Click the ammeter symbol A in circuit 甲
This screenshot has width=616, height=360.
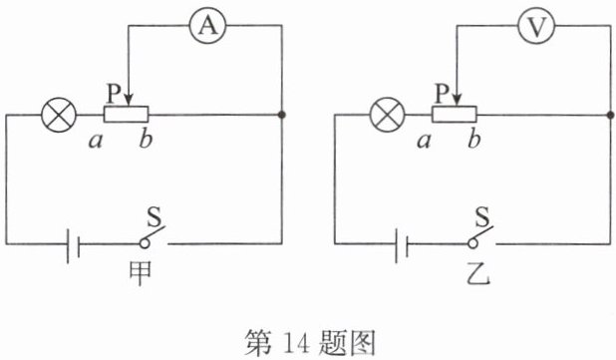[207, 26]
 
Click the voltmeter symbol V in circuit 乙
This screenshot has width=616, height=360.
[536, 26]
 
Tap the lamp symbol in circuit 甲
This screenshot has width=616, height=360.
[59, 115]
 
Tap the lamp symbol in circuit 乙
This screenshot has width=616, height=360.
[388, 115]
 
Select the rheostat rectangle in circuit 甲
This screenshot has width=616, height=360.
[127, 115]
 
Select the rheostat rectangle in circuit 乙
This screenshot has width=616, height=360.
[455, 115]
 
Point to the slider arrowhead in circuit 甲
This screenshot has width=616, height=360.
[129, 100]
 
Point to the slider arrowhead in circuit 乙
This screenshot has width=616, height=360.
[457, 100]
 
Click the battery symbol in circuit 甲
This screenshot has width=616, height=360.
[74, 245]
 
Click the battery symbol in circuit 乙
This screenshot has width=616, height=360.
[402, 245]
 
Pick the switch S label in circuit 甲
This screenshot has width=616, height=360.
[154, 216]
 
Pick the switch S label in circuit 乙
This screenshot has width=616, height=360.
[482, 216]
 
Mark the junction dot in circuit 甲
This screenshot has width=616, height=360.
[282, 115]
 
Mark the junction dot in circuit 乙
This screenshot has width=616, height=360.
[610, 115]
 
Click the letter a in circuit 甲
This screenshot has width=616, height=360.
[96, 141]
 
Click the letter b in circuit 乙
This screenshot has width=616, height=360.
[474, 140]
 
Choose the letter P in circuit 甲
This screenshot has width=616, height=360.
[114, 94]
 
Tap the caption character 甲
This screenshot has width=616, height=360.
[141, 273]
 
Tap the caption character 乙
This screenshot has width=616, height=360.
[478, 273]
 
